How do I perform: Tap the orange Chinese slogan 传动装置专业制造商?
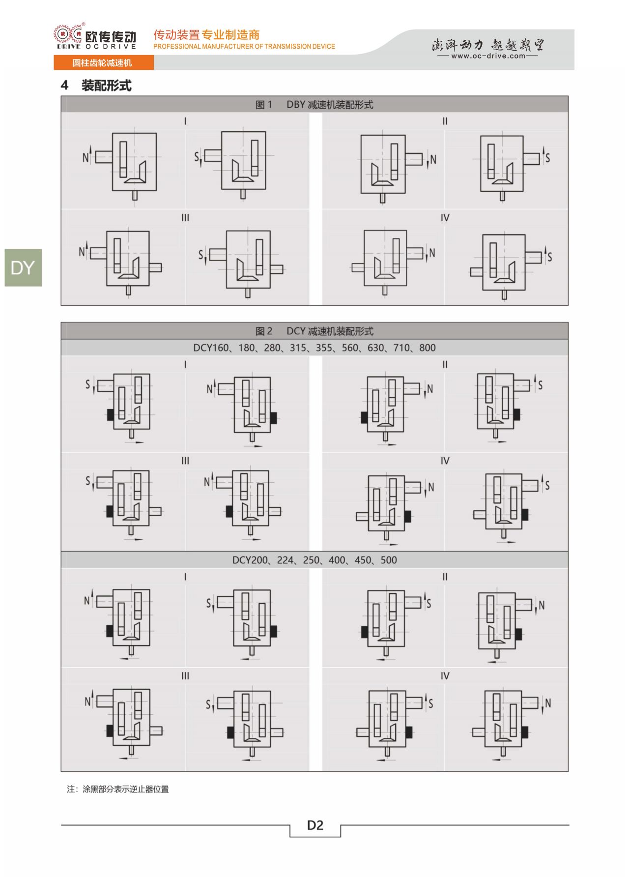tap(206, 35)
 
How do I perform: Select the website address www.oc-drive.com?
tap(488, 56)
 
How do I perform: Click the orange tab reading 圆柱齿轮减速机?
tap(102, 63)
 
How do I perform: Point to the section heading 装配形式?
tap(106, 86)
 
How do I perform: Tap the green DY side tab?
tap(23, 268)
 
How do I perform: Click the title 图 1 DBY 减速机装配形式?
tap(314, 105)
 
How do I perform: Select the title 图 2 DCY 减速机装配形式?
tap(314, 331)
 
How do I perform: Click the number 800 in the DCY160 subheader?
tap(427, 348)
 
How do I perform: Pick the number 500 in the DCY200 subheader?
tap(388, 560)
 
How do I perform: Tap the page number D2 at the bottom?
tap(315, 825)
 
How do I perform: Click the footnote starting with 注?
tap(118, 789)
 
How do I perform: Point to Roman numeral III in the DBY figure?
tap(185, 218)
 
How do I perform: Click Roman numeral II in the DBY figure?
tap(445, 121)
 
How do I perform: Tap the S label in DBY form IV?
tap(549, 257)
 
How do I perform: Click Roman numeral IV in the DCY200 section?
tap(445, 676)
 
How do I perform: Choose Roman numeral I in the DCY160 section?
tap(185, 365)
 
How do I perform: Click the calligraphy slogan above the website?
tap(488, 45)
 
